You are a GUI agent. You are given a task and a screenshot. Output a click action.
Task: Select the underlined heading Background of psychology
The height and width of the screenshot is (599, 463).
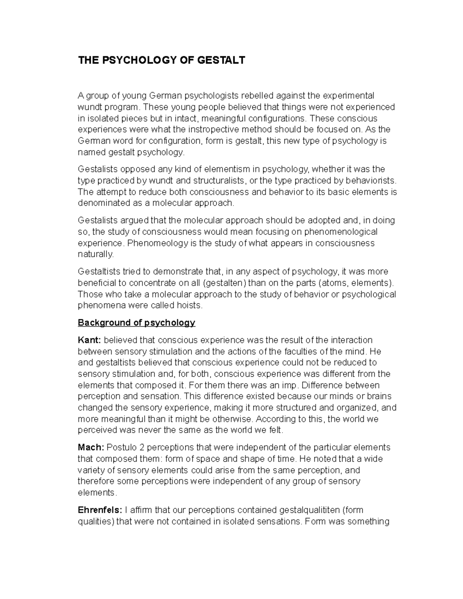click(x=136, y=322)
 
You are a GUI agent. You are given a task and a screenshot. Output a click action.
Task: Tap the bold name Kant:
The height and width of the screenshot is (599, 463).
click(x=90, y=340)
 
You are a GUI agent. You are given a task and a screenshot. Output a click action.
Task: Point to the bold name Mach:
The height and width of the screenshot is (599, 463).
click(x=91, y=447)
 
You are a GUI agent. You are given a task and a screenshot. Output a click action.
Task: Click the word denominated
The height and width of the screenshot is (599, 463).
click(x=102, y=203)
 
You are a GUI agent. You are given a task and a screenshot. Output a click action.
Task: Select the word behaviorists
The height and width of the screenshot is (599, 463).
click(x=371, y=181)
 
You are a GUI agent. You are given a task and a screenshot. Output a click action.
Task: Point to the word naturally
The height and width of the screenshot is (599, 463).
click(x=96, y=255)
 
